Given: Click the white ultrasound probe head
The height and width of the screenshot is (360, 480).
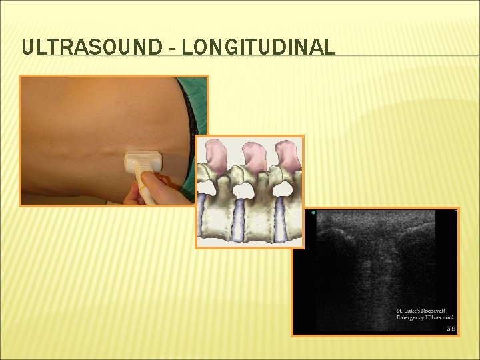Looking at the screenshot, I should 143,161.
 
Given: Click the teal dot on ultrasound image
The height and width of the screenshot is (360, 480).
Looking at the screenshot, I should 313,213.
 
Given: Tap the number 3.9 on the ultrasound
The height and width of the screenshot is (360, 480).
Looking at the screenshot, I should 451,329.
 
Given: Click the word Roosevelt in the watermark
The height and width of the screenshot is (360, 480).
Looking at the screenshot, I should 438,311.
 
